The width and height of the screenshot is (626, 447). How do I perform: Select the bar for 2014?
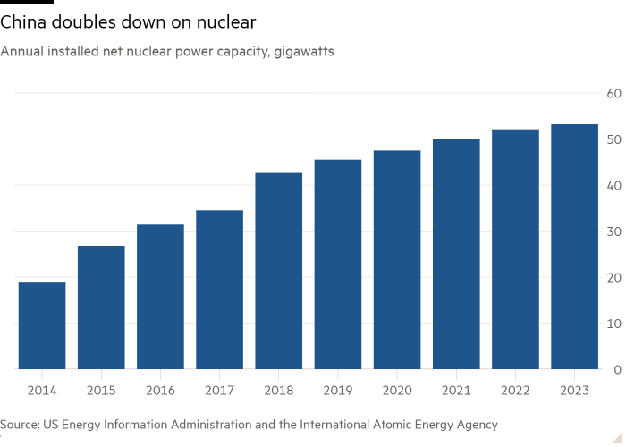[x=42, y=325]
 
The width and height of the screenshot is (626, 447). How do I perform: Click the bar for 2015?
[x=101, y=307]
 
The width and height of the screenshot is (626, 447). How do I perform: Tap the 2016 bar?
[x=160, y=297]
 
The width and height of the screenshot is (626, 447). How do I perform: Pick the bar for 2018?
[x=279, y=270]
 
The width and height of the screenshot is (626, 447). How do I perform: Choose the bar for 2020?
[x=397, y=259]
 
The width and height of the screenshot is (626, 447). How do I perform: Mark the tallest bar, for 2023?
[x=574, y=247]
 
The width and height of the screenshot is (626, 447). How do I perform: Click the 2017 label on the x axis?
[x=219, y=390]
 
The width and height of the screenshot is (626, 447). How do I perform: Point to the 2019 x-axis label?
[x=338, y=390]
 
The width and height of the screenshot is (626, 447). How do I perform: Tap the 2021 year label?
[x=456, y=390]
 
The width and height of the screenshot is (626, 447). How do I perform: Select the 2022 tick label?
[x=515, y=390]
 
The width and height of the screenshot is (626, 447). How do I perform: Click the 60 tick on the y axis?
[x=614, y=93]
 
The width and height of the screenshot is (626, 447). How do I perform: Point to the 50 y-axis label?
[x=614, y=139]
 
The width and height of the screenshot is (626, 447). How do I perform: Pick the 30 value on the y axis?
[x=614, y=232]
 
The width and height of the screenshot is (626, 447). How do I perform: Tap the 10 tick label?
[x=614, y=324]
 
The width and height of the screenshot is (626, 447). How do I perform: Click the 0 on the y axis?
[x=617, y=369]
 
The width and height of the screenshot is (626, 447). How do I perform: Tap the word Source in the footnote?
[x=19, y=425]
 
